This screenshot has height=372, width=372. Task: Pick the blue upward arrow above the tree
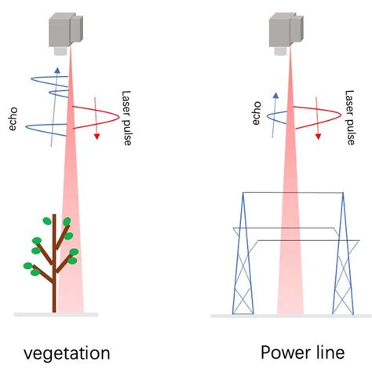[x=54, y=94]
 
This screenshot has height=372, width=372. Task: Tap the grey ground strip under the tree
[x=55, y=315]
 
